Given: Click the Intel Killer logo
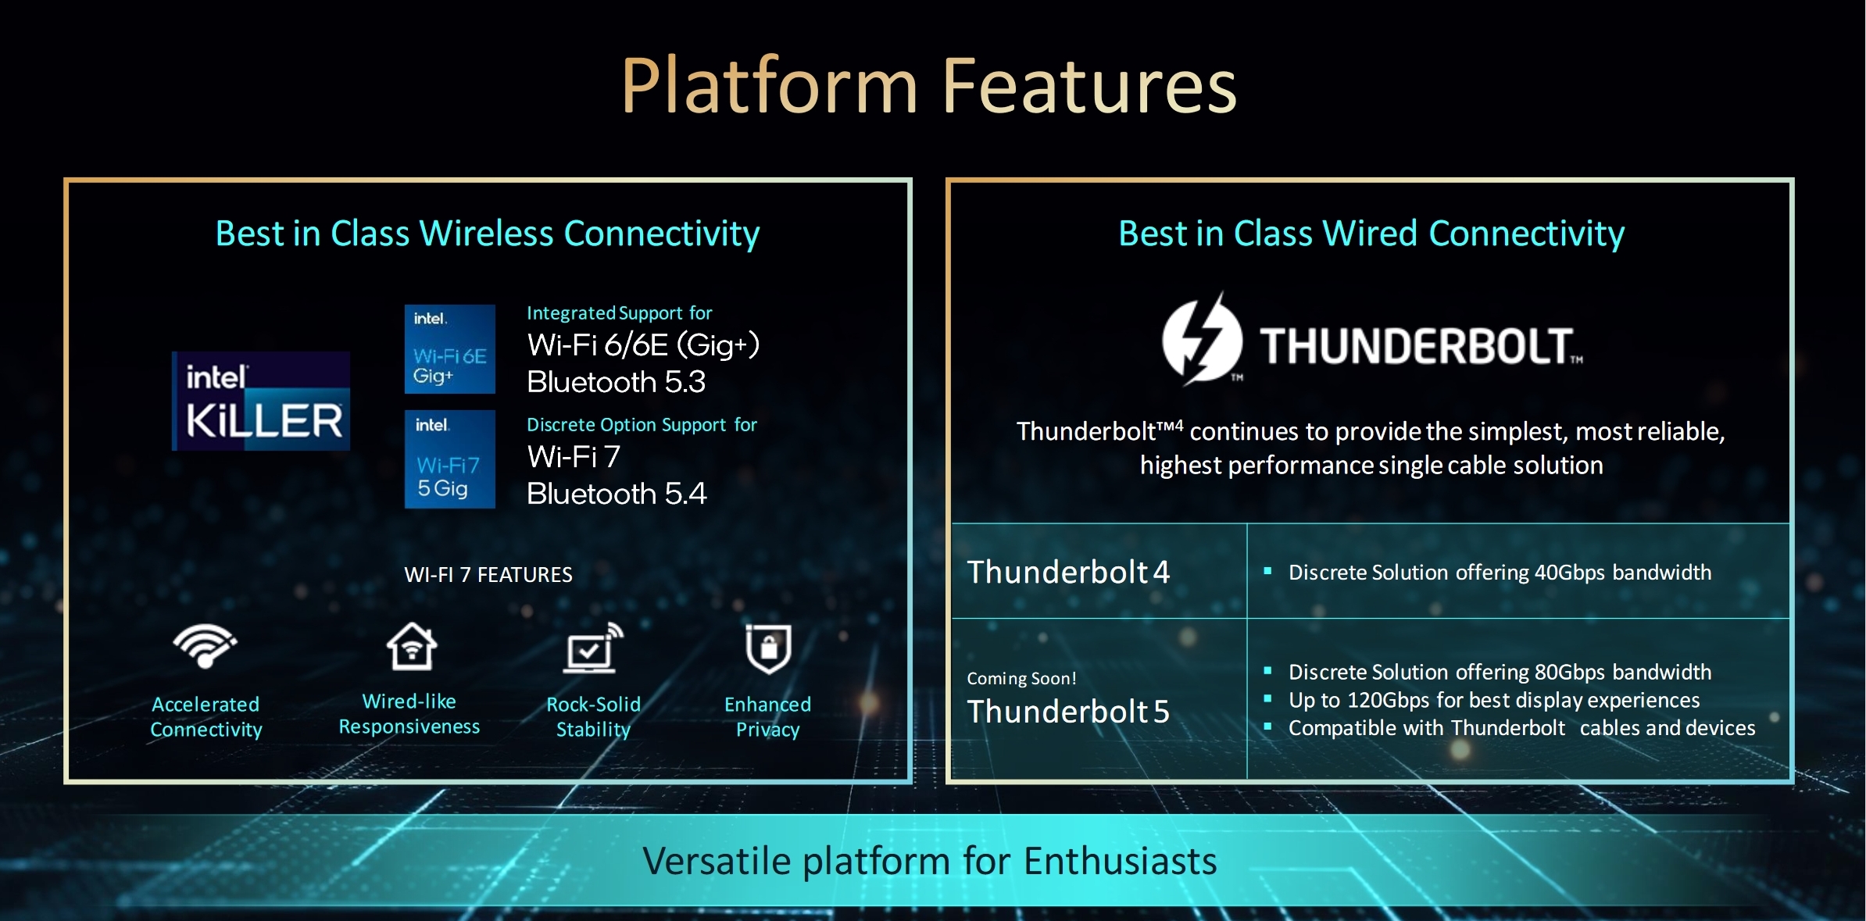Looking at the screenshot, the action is [261, 401].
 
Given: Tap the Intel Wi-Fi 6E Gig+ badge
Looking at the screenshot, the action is [450, 349].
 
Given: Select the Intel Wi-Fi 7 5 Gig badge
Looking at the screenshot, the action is [450, 459].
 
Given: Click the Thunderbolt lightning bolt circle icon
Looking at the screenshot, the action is [1202, 338].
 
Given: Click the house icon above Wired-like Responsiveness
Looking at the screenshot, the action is [412, 646].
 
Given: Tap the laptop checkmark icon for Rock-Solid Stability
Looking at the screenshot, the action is [594, 648].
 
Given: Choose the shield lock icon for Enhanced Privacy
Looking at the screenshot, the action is [769, 648].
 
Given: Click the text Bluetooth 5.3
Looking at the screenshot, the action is [616, 382].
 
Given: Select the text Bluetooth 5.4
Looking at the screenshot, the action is [617, 494].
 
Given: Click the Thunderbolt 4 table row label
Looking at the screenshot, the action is [1068, 572].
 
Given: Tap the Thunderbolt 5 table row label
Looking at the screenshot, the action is [1068, 711].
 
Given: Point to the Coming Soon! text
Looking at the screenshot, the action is [1021, 678].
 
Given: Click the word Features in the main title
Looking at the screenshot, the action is [1090, 86].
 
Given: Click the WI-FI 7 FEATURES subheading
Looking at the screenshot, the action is [488, 575].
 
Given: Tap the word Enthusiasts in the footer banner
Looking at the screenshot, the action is [1121, 861].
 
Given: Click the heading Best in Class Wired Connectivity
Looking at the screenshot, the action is [1371, 234].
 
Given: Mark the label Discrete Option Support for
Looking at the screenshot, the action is [642, 425].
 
